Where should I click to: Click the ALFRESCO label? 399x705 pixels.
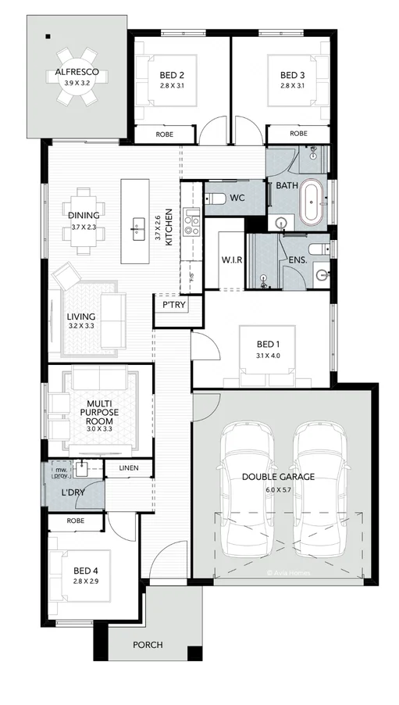pos(76,73)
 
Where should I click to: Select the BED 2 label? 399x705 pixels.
pos(171,75)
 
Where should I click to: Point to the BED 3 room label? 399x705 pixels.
pos(292,75)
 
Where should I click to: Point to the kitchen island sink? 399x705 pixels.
pos(139,227)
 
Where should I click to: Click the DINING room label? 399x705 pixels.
pos(84,216)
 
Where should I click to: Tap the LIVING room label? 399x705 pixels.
pos(81,317)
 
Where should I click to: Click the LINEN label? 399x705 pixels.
pos(129,468)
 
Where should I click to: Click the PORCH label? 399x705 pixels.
pos(148,645)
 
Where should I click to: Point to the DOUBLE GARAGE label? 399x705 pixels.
pos(278,476)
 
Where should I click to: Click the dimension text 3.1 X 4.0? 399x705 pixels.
pos(268,356)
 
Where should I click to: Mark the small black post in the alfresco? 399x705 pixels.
pos(48,37)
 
